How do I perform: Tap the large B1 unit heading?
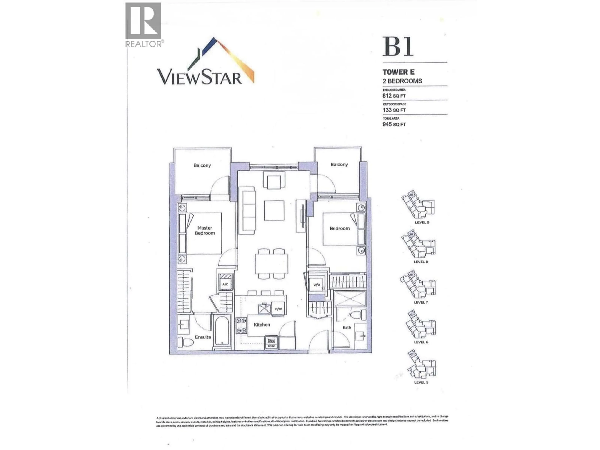click(398, 47)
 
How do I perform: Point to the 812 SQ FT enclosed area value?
click(394, 96)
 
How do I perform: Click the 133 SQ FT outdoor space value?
click(394, 110)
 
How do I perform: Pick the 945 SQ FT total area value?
click(394, 125)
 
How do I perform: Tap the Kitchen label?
click(262, 325)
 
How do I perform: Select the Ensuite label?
click(203, 337)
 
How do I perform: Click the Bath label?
click(347, 327)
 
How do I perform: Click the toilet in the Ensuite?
click(185, 342)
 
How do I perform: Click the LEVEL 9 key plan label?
click(422, 222)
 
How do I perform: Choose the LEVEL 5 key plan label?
click(421, 382)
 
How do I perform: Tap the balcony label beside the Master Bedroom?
click(202, 165)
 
